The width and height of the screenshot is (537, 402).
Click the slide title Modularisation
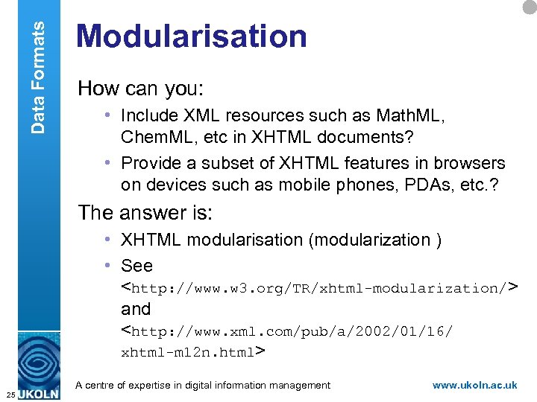192,36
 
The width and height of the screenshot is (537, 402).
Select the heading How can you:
140,89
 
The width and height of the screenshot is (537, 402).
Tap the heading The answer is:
145,213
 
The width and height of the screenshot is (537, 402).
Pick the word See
136,266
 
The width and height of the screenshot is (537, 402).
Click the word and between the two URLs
136,309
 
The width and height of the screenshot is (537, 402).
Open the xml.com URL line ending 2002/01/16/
287,331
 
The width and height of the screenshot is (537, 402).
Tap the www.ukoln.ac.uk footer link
475,385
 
